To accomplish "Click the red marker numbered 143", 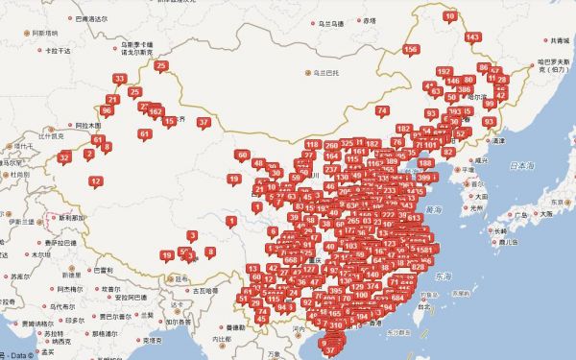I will click(471, 37).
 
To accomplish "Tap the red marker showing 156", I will click(411, 49).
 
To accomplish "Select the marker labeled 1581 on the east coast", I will click(423, 250).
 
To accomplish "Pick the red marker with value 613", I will click(414, 219).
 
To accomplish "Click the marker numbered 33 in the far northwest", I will click(119, 79).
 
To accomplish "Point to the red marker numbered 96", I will click(107, 110).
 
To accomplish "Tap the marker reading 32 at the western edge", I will click(64, 157).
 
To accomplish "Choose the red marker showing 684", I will click(397, 298).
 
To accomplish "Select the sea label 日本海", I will click(521, 166).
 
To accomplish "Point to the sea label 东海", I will click(442, 276).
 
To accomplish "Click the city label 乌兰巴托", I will click(322, 72).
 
